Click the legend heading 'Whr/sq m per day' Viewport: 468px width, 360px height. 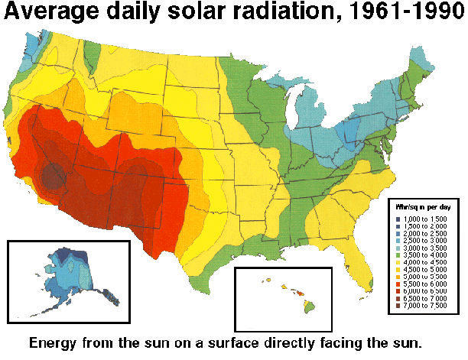pos(423,206)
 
